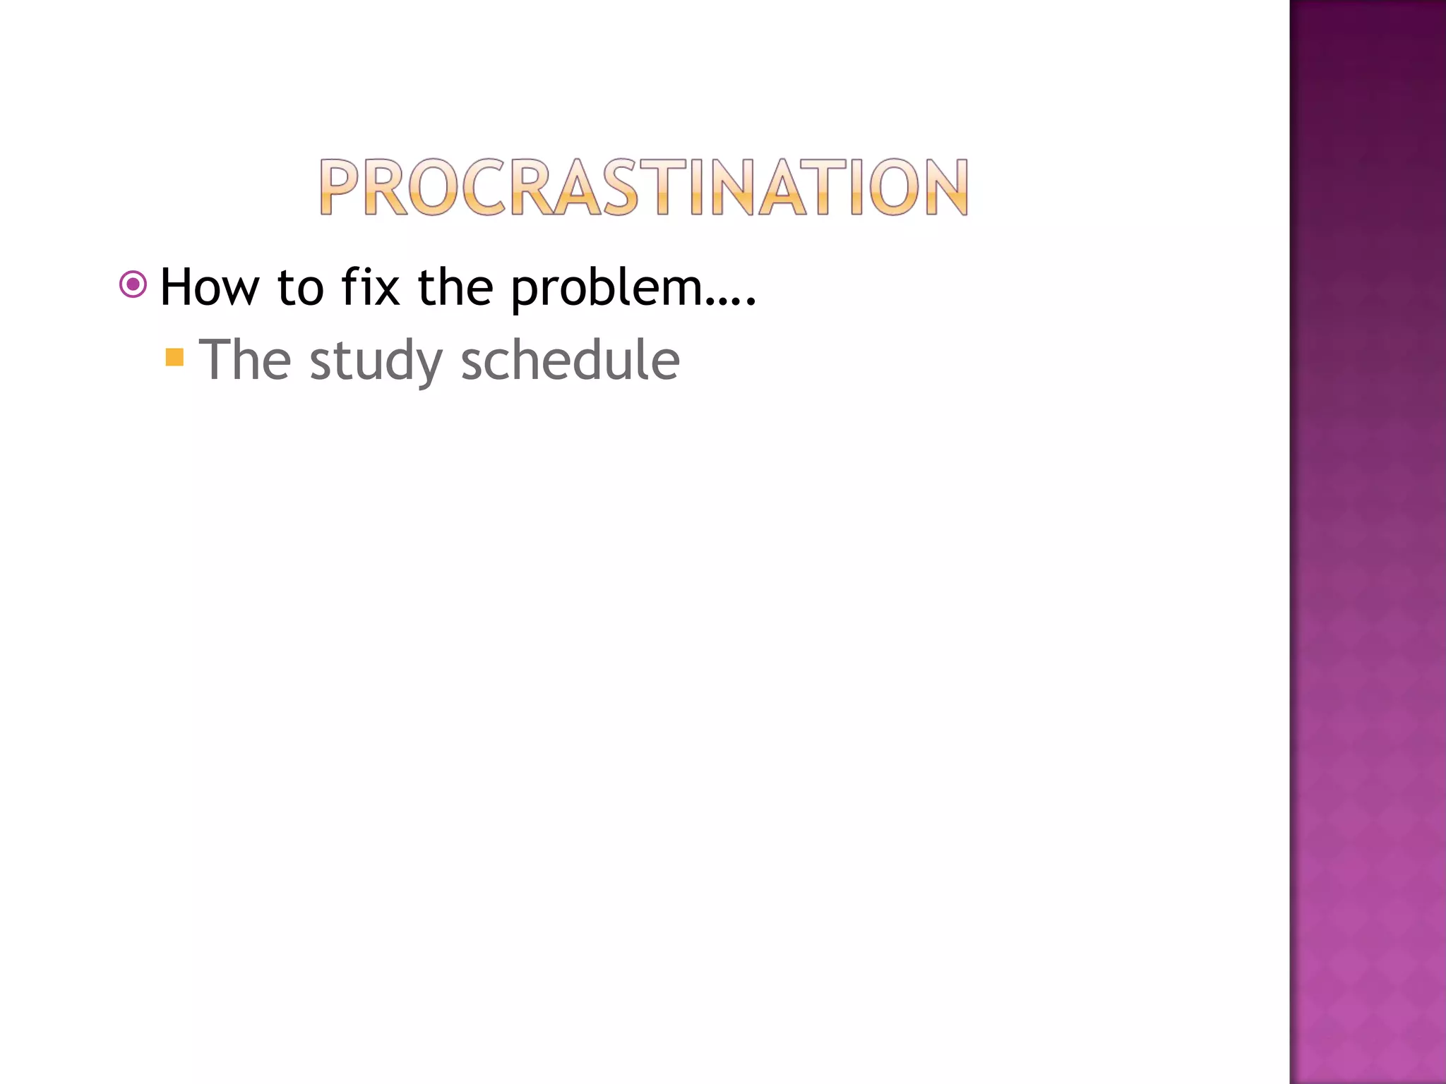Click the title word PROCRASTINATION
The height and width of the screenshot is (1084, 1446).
click(x=643, y=187)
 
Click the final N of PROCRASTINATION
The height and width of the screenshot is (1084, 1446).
click(x=945, y=187)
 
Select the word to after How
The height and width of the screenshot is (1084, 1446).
click(x=301, y=288)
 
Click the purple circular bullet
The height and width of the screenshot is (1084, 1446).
click(x=133, y=284)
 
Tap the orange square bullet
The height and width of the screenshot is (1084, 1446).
click(x=174, y=357)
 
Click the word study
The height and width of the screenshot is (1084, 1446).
click(x=376, y=361)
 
